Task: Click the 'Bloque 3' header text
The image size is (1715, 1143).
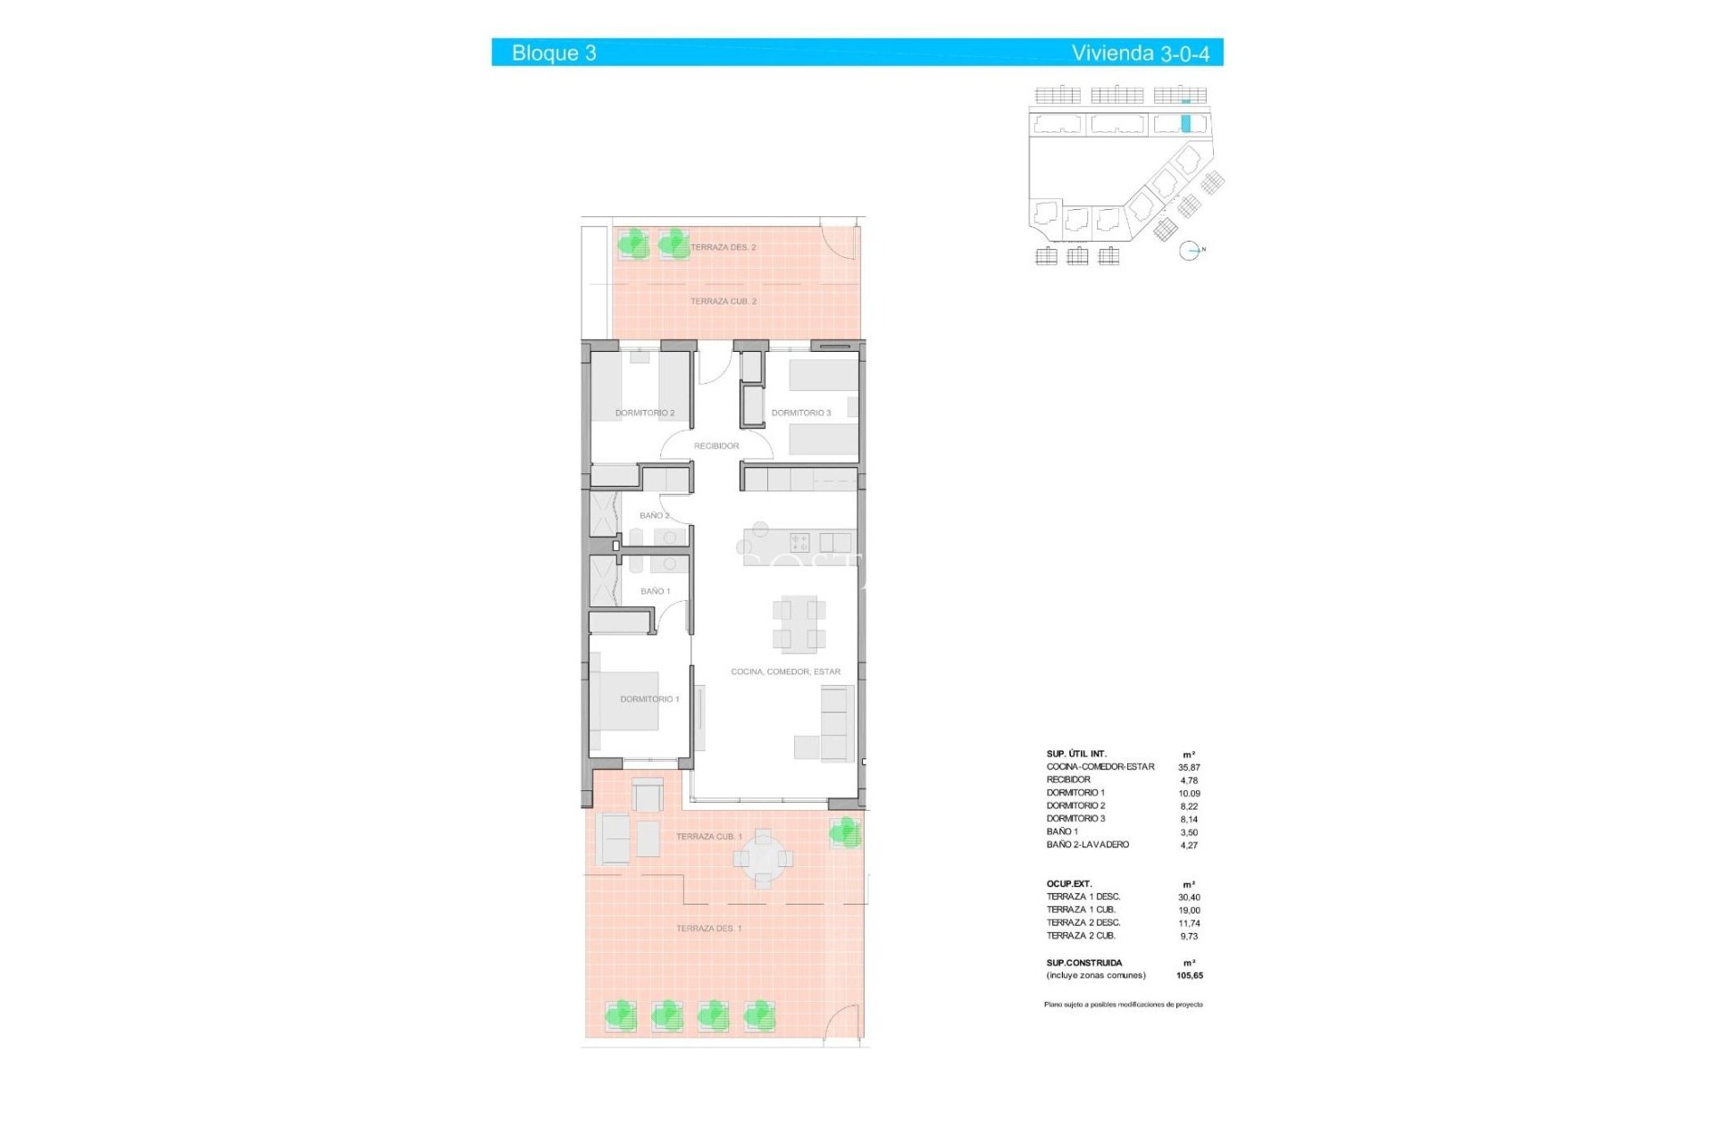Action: pyautogui.click(x=554, y=53)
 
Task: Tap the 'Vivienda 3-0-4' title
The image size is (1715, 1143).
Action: pyautogui.click(x=1140, y=53)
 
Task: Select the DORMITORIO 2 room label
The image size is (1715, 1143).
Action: pyautogui.click(x=645, y=413)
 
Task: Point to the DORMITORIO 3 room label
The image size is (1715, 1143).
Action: pyautogui.click(x=801, y=413)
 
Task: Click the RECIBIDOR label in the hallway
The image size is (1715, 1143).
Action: pyautogui.click(x=716, y=446)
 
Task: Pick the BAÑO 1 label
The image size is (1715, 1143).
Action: pyautogui.click(x=655, y=591)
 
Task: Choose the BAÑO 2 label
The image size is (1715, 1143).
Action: pyautogui.click(x=654, y=515)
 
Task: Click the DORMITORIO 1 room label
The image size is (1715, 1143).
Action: pyautogui.click(x=649, y=699)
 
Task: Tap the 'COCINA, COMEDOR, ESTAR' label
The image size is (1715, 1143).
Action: pyautogui.click(x=785, y=672)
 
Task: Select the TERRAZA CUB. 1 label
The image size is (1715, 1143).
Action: pyautogui.click(x=709, y=837)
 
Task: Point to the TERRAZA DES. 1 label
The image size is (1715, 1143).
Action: pyautogui.click(x=708, y=929)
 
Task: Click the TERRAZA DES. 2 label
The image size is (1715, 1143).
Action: pyautogui.click(x=723, y=247)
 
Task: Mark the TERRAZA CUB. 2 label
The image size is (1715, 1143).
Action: pyautogui.click(x=723, y=302)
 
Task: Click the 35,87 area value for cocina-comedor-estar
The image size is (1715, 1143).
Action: pyautogui.click(x=1189, y=767)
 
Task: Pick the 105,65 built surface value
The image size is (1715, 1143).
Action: pyautogui.click(x=1189, y=976)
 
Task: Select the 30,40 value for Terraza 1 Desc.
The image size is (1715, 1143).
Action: pyautogui.click(x=1189, y=897)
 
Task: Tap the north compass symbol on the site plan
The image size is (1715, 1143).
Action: pyautogui.click(x=1189, y=251)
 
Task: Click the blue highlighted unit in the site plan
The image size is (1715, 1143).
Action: pyautogui.click(x=1186, y=124)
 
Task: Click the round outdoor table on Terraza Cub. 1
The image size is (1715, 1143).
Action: pyautogui.click(x=763, y=859)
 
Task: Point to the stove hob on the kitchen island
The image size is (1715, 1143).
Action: pyautogui.click(x=799, y=542)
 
